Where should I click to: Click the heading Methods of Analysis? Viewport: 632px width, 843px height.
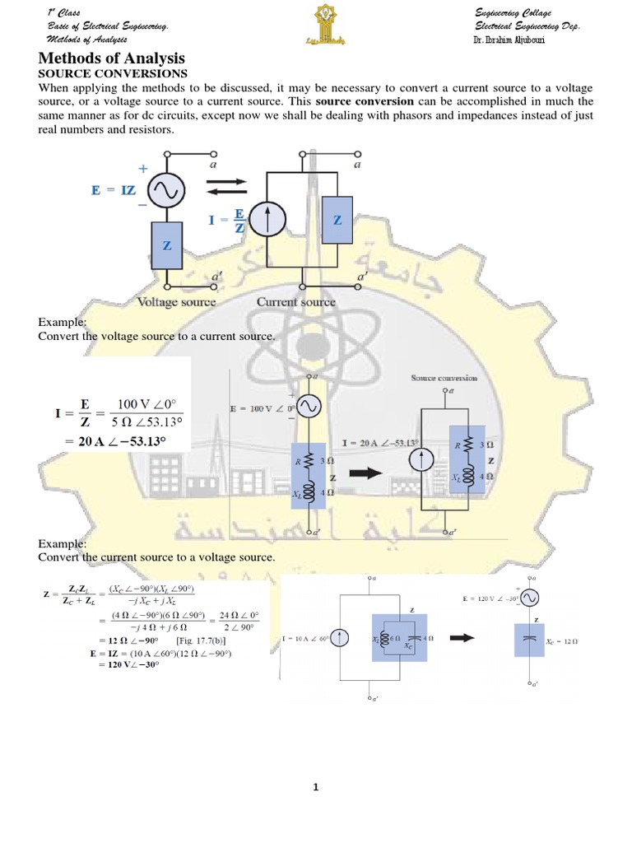113,58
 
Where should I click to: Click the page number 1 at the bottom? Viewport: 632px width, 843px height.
315,788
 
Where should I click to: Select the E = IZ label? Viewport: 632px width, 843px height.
113,191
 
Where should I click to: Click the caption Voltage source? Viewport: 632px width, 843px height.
176,302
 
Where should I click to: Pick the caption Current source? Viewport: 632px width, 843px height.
295,302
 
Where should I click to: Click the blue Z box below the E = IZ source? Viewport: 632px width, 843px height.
167,246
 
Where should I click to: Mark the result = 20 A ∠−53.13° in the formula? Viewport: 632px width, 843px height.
111,442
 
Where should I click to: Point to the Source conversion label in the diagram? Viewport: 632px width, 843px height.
444,378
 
